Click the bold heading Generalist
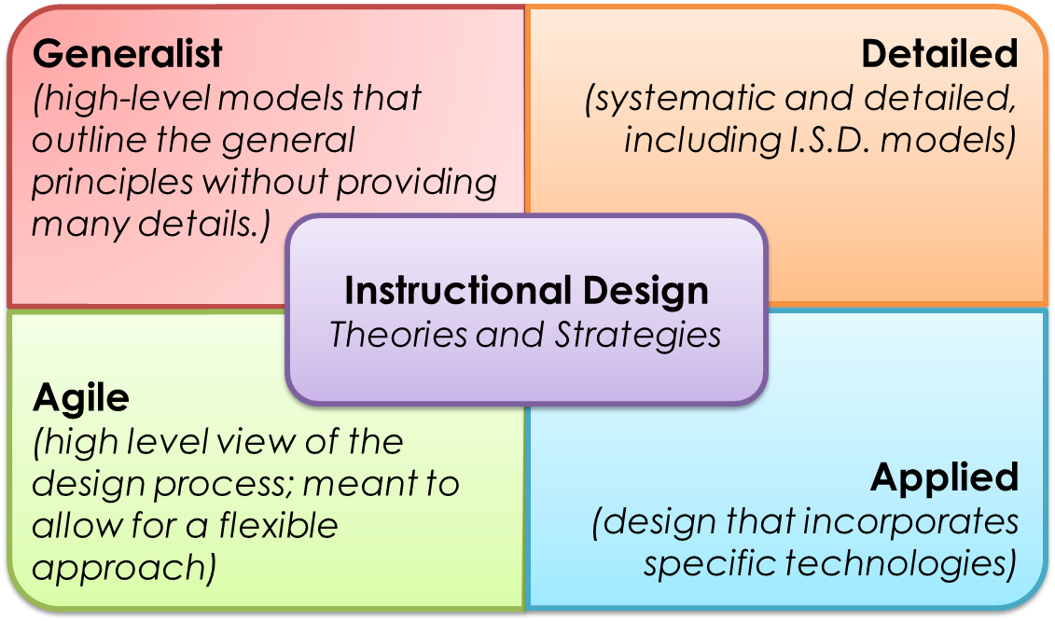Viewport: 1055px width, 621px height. [127, 54]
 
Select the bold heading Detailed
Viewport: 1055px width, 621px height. [939, 54]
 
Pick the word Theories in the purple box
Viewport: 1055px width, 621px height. [398, 335]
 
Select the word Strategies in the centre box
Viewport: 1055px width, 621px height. [637, 336]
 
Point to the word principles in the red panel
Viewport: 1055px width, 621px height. [112, 183]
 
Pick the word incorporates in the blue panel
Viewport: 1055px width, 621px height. [910, 522]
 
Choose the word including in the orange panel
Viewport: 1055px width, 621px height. [701, 142]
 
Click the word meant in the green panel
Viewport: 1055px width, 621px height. [358, 485]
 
